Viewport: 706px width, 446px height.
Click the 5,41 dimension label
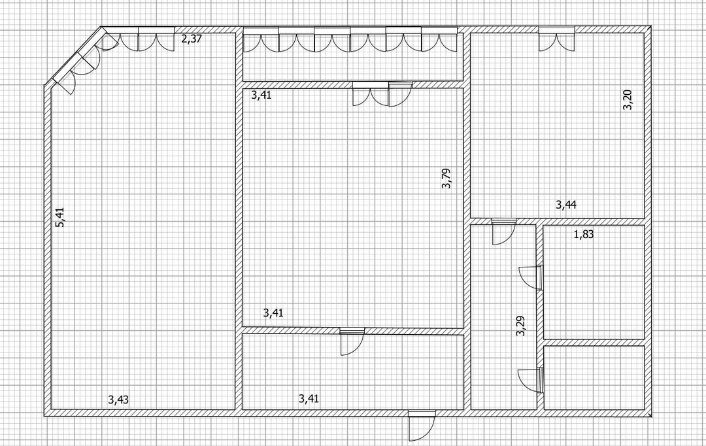[60, 216]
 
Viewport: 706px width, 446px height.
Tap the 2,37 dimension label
[192, 39]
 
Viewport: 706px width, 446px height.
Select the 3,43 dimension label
[118, 400]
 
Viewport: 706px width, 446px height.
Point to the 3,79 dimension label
[446, 179]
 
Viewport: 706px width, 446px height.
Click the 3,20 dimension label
[628, 100]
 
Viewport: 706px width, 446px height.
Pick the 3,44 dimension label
[566, 205]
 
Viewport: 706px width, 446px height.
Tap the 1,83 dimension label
[584, 234]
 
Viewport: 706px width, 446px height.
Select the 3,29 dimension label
[520, 326]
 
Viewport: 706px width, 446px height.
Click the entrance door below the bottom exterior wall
[422, 426]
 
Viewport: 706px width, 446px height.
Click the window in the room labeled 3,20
[556, 39]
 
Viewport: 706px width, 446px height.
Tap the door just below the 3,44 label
[503, 232]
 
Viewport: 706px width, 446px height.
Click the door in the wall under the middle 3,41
[352, 341]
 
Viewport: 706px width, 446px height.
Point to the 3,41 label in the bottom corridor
[309, 398]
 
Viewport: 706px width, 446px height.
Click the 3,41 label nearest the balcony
[261, 95]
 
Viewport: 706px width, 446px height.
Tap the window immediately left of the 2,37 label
[156, 39]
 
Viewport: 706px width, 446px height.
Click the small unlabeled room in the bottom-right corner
[594, 377]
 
